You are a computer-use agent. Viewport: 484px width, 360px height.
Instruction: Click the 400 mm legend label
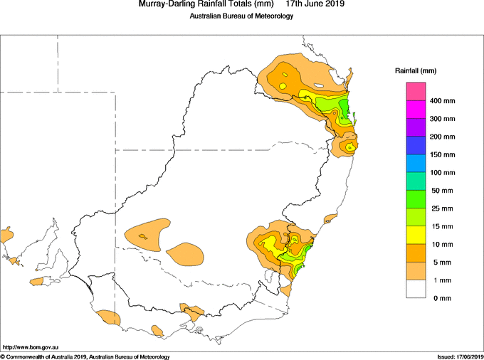coord(442,101)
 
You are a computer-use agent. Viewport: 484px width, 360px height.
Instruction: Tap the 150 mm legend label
coord(442,154)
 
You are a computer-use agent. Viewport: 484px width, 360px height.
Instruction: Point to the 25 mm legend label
coord(442,208)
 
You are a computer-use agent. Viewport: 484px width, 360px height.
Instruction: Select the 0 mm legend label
coord(442,298)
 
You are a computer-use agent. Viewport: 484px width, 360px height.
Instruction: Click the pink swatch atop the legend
coord(416,92)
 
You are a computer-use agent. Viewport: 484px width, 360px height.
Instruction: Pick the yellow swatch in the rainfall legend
coord(416,235)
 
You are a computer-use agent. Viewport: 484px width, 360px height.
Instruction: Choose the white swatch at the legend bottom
coord(416,289)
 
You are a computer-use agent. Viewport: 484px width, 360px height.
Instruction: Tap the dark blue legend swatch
coord(416,145)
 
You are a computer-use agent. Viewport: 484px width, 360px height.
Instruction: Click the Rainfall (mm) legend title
coord(416,71)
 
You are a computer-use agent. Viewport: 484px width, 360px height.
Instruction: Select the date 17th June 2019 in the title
coord(315,4)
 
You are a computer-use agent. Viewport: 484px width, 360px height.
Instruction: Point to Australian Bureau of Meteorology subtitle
coord(241,16)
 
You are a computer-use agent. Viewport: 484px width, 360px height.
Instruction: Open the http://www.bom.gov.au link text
coord(30,347)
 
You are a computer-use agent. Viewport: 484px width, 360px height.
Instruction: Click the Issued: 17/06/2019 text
coord(461,357)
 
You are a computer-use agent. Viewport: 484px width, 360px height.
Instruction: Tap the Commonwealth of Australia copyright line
coord(85,357)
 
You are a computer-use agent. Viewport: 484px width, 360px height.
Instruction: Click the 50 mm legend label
coord(442,191)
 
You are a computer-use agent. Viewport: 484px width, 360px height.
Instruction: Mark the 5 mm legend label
coord(442,263)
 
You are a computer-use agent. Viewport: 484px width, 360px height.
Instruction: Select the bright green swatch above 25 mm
coord(416,199)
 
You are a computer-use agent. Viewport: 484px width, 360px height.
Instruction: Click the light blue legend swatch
coord(416,163)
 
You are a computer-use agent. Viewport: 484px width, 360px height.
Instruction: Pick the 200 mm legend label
coord(442,137)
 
